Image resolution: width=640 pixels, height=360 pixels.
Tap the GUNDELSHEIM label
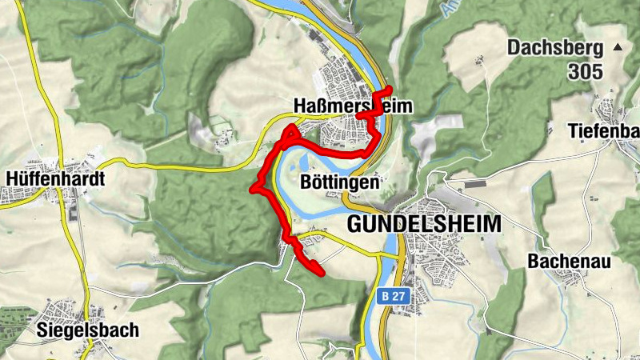click(x=424, y=224)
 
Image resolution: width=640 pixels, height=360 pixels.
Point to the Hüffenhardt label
click(x=54, y=178)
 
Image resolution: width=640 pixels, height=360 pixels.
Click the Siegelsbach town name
click(x=88, y=330)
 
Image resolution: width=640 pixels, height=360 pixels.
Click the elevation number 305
click(x=586, y=72)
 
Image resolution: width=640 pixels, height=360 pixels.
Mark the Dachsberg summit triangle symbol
click(x=617, y=48)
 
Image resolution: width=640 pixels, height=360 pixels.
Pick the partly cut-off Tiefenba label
click(x=604, y=130)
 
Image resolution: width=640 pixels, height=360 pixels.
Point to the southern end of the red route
click(x=322, y=274)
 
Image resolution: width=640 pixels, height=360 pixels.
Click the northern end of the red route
click(x=390, y=88)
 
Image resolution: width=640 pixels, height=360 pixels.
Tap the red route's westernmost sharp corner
click(x=253, y=189)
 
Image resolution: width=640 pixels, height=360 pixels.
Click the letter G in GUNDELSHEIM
click(x=354, y=224)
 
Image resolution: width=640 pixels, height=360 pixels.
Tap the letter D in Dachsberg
click(x=514, y=47)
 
